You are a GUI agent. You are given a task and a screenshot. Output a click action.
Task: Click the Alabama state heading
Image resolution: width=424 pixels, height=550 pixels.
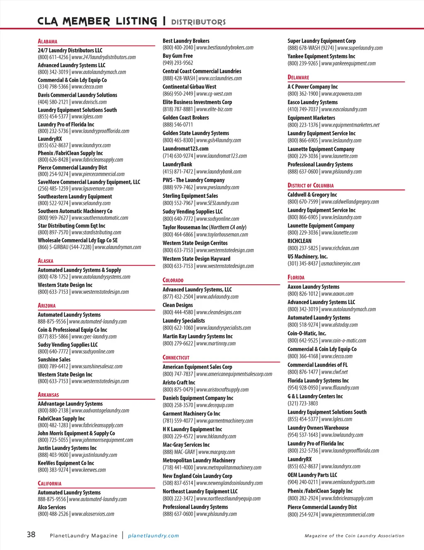click(48, 41)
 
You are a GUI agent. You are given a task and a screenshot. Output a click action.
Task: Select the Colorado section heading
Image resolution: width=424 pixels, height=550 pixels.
click(173, 280)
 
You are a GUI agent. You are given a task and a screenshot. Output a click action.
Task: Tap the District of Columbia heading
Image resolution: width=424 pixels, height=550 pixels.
click(311, 185)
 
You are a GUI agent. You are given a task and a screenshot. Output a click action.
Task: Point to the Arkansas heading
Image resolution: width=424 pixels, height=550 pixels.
click(48, 395)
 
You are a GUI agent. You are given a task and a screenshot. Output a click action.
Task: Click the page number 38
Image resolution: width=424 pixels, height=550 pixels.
click(31, 534)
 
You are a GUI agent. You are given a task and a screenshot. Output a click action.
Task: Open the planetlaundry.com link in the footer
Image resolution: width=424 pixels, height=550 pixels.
click(154, 536)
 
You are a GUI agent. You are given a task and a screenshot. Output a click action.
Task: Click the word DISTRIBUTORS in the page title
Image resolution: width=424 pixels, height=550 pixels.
click(198, 22)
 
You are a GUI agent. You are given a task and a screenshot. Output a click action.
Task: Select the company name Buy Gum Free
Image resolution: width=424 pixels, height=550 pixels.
click(178, 56)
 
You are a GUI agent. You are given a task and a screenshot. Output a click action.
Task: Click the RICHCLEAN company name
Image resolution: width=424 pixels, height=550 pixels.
click(299, 241)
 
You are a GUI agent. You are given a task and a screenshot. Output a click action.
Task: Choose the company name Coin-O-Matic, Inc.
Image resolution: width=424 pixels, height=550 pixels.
click(307, 333)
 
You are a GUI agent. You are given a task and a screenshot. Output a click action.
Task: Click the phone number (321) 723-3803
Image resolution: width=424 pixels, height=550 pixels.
click(303, 403)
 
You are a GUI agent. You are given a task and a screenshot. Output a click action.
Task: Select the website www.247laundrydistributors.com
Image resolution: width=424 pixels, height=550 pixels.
click(104, 57)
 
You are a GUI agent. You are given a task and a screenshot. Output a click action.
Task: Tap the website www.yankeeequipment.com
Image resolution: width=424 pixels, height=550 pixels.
click(348, 63)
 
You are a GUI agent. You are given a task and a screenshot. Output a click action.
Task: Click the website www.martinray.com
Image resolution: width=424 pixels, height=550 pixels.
click(216, 343)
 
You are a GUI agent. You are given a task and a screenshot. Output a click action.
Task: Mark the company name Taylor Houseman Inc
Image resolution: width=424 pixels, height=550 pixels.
click(185, 227)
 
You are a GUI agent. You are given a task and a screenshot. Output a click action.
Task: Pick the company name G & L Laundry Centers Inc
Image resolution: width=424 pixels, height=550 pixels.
click(315, 396)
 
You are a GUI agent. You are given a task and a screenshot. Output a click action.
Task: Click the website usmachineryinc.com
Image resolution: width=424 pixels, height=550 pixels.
click(340, 264)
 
